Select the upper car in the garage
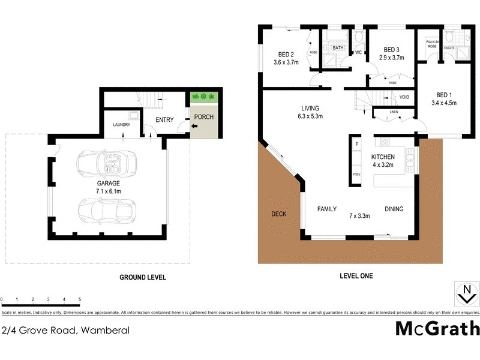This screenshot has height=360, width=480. pos(107,161)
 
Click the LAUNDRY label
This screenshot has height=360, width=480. pos(122,125)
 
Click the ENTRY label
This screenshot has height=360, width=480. pos(164,120)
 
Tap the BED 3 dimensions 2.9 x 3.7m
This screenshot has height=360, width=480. pos(392,58)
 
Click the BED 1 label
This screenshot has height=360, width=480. pos(443,95)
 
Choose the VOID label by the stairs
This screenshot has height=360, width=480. pos(404,98)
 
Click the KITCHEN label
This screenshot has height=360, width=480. pos(383,157)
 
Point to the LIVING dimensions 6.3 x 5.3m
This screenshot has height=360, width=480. pos(310,116)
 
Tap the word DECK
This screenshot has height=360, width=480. pos(278,214)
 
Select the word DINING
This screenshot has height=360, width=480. pos(394,209)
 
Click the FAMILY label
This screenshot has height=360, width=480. pos(327,209)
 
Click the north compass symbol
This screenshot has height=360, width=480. pos(466,295)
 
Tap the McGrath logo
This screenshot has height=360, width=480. pos(437,329)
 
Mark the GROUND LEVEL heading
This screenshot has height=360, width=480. pos(143,277)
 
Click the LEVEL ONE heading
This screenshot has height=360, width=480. pos(356,276)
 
